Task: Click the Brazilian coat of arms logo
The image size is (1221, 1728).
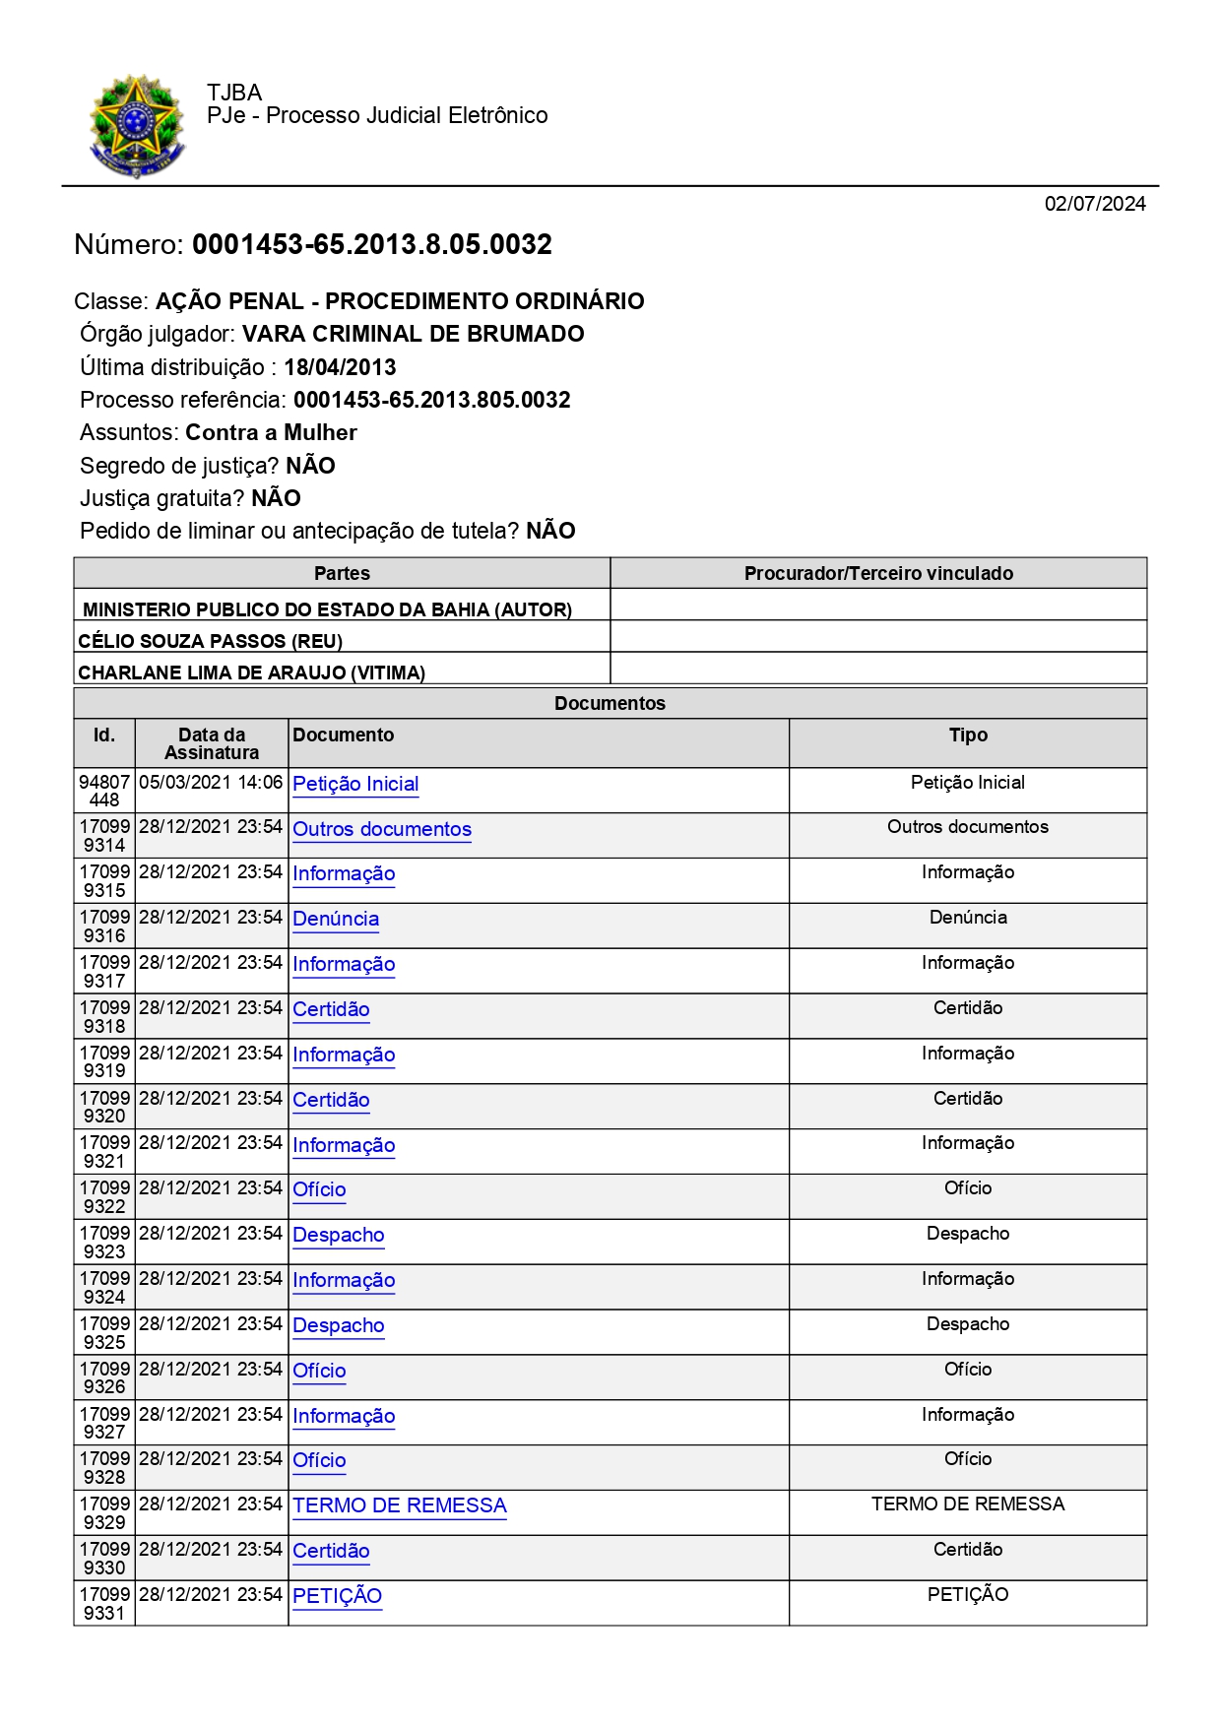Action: click(137, 126)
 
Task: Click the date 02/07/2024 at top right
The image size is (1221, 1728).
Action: click(1094, 204)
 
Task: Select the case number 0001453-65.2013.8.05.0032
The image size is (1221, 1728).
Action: click(371, 244)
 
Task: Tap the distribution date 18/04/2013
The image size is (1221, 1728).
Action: click(340, 367)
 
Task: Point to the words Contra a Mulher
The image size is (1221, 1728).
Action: click(271, 432)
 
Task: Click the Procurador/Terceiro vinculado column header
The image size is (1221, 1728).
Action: click(877, 573)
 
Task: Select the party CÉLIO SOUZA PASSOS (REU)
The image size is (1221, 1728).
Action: click(210, 641)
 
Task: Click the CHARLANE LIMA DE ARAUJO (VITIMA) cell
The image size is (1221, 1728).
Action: click(251, 672)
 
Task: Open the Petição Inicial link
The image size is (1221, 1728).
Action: click(355, 784)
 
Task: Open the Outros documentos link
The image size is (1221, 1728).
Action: click(382, 829)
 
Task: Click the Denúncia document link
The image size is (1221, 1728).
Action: click(336, 919)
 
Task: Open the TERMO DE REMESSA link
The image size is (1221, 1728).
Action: click(399, 1505)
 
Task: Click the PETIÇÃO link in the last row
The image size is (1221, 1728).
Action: click(337, 1596)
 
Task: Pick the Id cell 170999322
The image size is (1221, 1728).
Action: click(104, 1196)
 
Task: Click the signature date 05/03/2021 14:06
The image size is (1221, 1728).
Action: click(211, 783)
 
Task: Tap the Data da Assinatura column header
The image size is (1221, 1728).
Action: click(211, 743)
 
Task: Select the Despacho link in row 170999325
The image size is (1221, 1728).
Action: click(338, 1325)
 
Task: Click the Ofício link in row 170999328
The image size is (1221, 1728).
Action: click(319, 1460)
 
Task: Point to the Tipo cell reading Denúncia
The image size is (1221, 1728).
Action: click(967, 918)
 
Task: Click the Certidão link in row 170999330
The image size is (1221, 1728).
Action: click(331, 1551)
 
